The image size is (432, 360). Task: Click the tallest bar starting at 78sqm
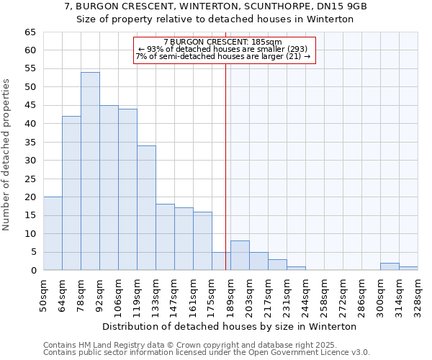[x=90, y=171]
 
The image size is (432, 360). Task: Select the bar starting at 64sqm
[x=71, y=193]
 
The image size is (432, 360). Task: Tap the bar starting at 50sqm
[x=53, y=233]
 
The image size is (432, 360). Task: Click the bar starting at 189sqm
[x=240, y=256]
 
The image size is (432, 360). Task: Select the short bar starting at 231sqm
[x=296, y=269]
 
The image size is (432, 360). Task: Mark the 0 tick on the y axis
[x=32, y=271]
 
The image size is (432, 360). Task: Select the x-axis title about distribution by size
[x=230, y=326]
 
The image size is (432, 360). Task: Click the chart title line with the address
[x=215, y=6]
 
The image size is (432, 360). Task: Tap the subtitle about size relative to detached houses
[x=215, y=19]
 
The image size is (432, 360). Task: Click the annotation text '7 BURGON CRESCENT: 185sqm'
[x=223, y=42]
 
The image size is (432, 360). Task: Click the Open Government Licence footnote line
[x=207, y=353]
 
